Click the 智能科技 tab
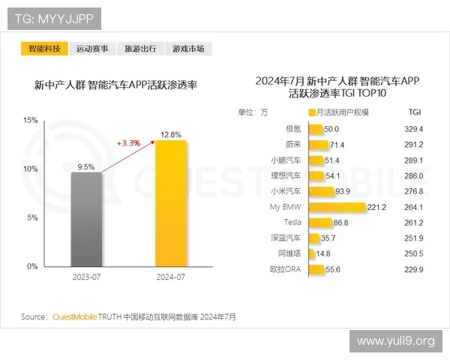click(43, 49)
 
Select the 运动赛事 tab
click(91, 49)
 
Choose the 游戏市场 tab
click(187, 49)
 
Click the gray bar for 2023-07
click(87, 219)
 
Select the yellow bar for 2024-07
click(170, 203)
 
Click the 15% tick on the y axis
click(31, 120)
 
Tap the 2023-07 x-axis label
click(87, 278)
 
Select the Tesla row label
click(292, 223)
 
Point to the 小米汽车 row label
click(285, 191)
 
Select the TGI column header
click(415, 112)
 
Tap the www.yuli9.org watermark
click(395, 341)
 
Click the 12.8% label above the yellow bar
click(170, 134)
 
